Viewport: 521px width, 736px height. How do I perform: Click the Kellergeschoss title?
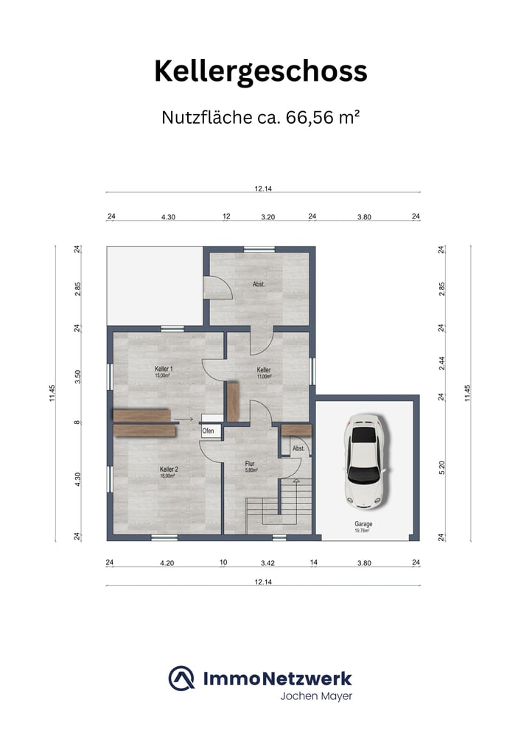[261, 72]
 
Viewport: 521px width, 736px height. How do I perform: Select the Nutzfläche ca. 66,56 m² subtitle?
[261, 117]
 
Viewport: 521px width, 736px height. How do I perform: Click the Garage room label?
[363, 524]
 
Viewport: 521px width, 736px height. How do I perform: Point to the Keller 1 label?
[164, 369]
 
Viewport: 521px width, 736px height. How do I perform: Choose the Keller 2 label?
[169, 470]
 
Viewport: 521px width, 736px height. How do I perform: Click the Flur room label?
[250, 464]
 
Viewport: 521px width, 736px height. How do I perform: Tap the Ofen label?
[208, 431]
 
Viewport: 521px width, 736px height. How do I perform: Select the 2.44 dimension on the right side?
[441, 364]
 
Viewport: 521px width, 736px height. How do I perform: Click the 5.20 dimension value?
[441, 467]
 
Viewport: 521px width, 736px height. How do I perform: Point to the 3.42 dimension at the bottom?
[268, 563]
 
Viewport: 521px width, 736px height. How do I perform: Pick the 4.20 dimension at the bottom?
[167, 563]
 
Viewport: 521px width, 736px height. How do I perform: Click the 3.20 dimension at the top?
[268, 217]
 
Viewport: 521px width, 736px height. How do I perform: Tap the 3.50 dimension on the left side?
[78, 376]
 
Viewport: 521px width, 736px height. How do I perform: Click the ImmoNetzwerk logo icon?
[181, 679]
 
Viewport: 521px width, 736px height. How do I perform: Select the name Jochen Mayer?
[316, 696]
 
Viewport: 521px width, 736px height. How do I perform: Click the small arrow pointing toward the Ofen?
[183, 419]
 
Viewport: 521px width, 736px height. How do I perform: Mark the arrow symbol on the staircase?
[296, 481]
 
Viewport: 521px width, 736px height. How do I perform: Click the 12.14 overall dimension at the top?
[263, 188]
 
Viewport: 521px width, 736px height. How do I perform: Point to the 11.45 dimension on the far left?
[52, 393]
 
